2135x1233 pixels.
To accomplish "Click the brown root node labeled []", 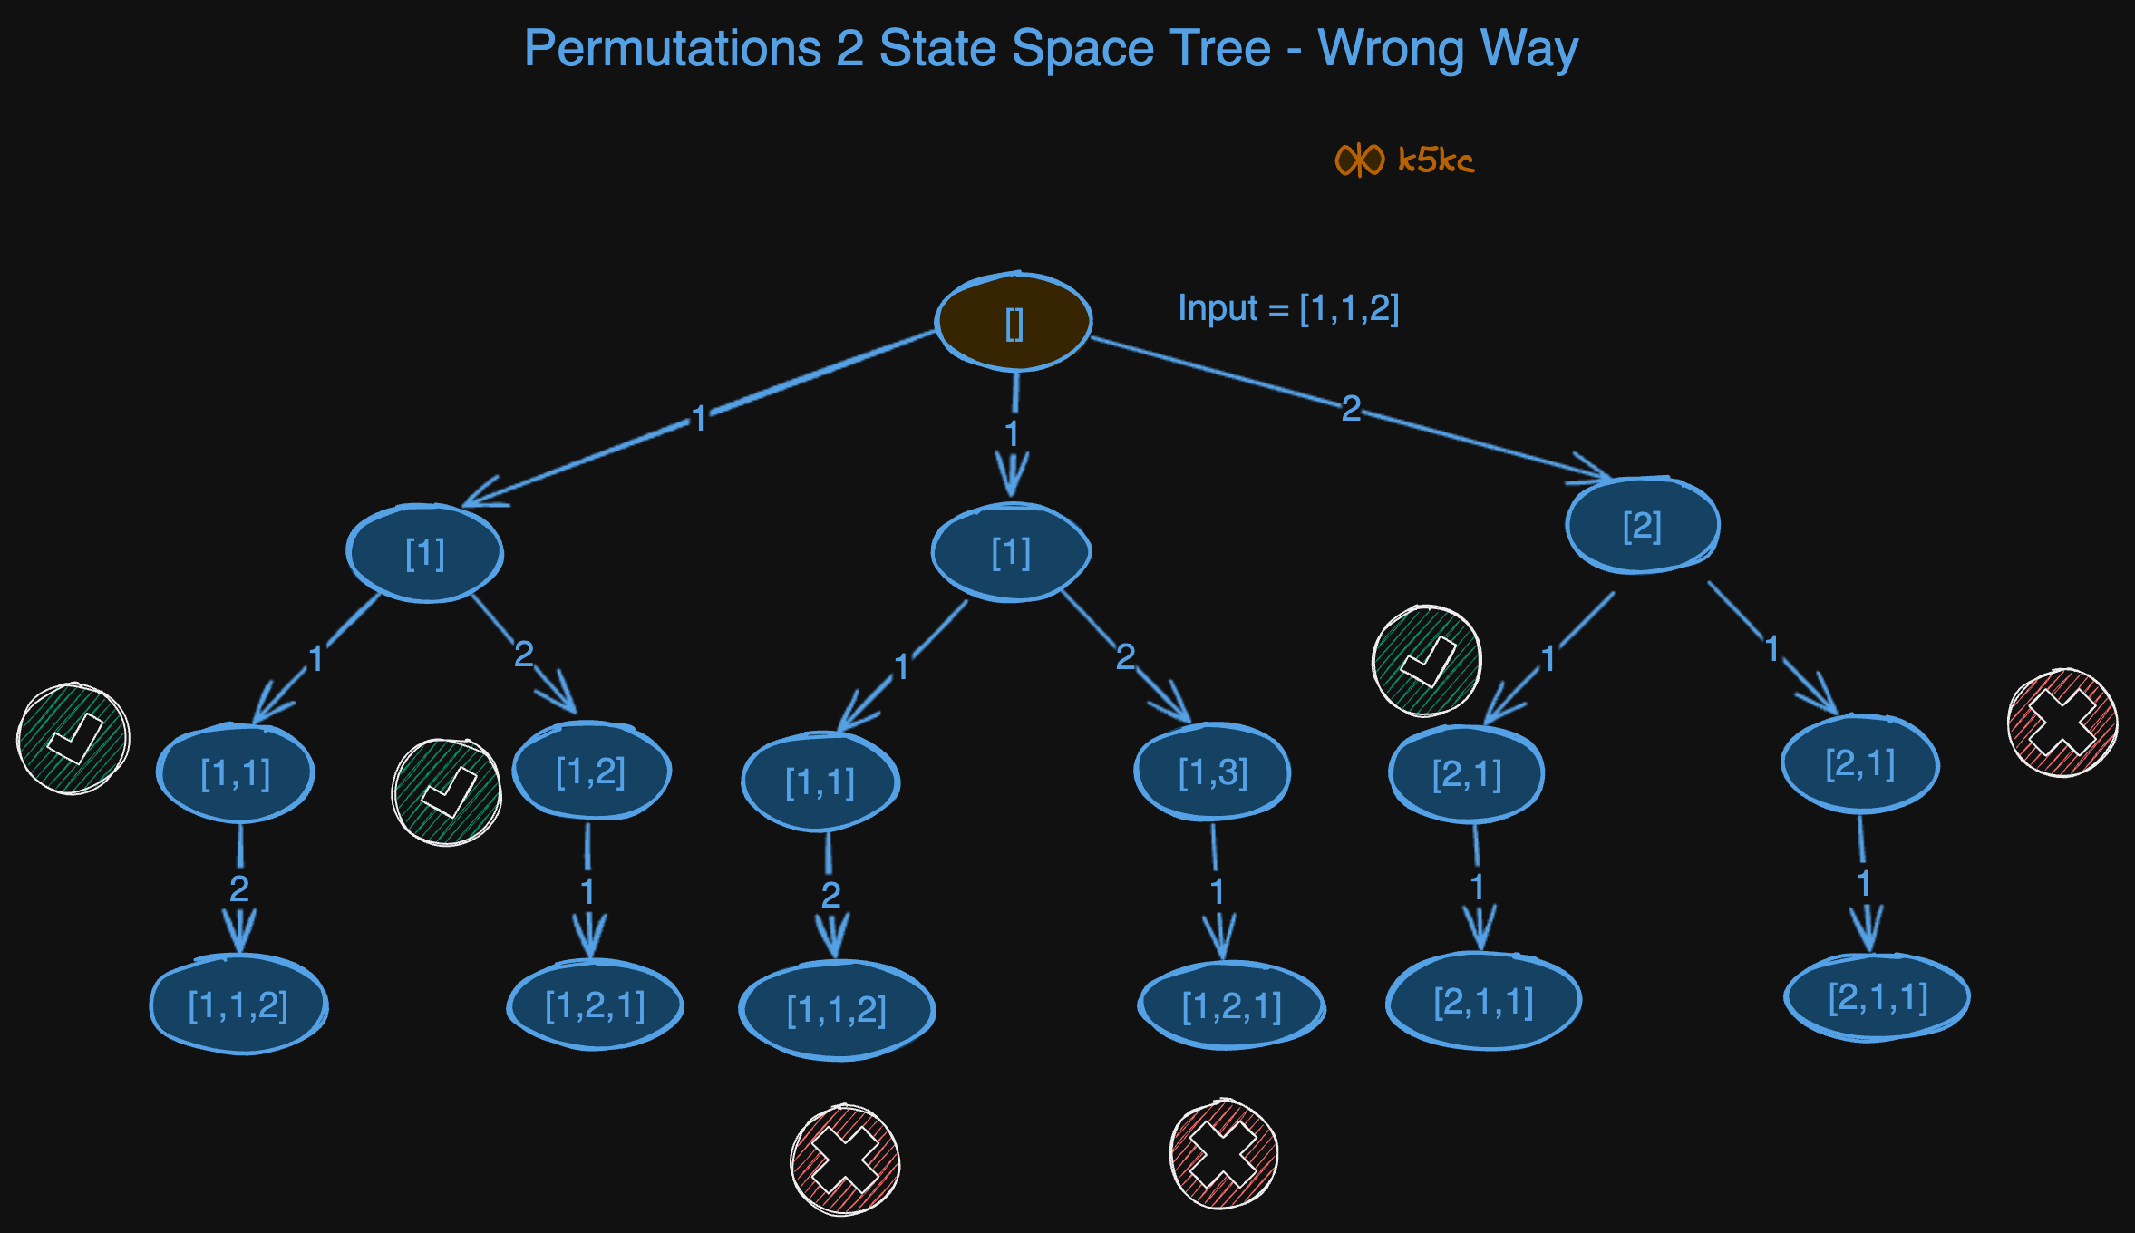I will point(1014,323).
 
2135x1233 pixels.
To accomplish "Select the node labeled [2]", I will point(1642,526).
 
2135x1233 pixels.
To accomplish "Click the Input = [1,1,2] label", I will point(1288,309).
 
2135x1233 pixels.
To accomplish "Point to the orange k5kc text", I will point(1436,160).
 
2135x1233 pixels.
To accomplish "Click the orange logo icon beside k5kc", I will point(1359,160).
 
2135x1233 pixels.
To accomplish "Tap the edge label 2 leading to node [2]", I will point(1351,409).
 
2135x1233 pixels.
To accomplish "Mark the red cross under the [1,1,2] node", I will point(845,1160).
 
